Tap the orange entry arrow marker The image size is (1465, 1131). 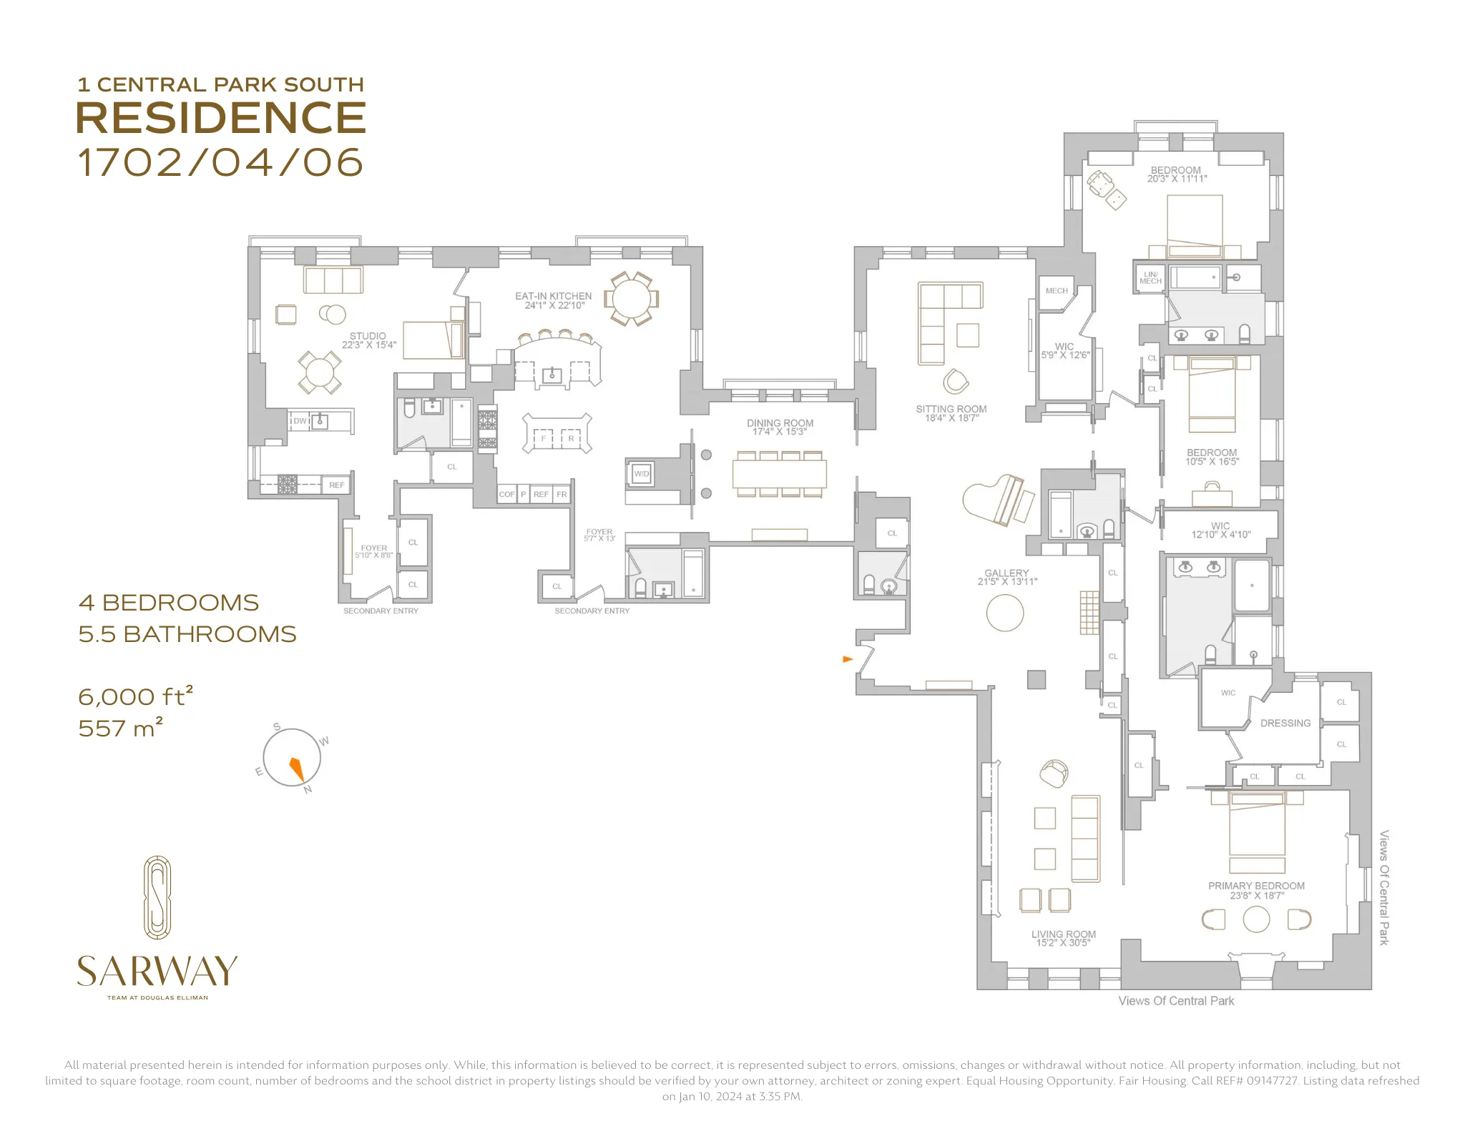point(848,658)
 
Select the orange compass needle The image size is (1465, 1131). point(297,769)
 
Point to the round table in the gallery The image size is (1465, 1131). point(1004,613)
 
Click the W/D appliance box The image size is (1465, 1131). point(642,474)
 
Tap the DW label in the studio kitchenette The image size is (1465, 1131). point(300,421)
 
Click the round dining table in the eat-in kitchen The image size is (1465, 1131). point(630,298)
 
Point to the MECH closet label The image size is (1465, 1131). point(1056,291)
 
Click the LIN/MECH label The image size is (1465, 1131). point(1150,278)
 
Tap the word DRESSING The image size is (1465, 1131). point(1285,723)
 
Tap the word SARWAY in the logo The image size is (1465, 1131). point(157,971)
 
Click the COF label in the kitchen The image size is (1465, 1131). point(506,495)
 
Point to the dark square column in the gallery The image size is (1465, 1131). point(1036,679)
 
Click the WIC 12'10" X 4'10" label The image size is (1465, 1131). point(1220,530)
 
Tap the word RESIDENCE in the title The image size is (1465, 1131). point(220,118)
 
